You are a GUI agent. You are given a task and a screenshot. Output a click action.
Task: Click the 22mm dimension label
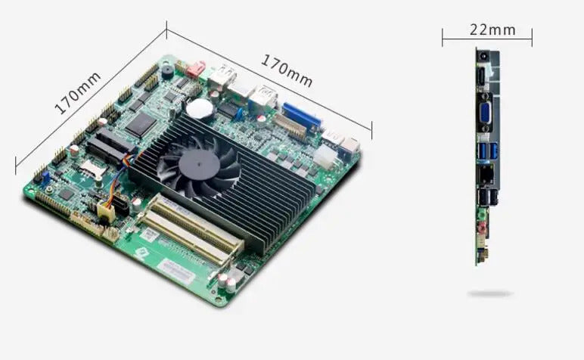click(492, 29)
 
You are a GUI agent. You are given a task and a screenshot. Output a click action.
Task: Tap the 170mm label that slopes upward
click(77, 93)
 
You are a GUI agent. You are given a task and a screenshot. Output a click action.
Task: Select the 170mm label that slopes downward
click(287, 71)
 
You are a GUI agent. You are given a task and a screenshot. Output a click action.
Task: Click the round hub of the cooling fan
click(199, 165)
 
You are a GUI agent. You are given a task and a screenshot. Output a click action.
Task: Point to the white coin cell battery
click(200, 108)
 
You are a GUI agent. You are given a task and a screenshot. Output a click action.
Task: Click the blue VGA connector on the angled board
click(302, 116)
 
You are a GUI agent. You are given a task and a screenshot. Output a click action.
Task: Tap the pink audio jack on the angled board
click(196, 70)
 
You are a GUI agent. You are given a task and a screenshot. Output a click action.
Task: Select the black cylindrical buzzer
click(167, 71)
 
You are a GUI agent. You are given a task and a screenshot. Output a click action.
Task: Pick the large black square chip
click(141, 124)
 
